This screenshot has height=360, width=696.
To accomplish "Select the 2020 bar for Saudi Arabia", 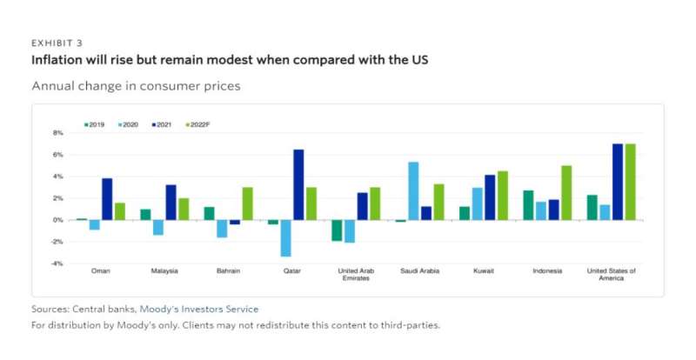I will [x=413, y=191].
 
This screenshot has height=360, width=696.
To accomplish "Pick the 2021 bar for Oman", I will [x=107, y=199].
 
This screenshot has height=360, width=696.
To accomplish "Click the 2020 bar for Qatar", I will [x=284, y=238].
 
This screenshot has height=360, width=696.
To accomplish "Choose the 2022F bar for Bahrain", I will [x=247, y=203].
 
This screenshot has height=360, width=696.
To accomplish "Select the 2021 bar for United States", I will [x=618, y=182].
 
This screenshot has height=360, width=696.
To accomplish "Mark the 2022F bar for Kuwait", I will [x=502, y=196].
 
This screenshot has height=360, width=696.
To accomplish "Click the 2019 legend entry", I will [x=93, y=125].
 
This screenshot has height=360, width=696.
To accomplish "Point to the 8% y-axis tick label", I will [x=57, y=133].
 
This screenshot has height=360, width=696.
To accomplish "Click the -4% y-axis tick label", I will [x=57, y=263].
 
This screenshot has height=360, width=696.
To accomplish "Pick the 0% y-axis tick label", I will [x=57, y=220].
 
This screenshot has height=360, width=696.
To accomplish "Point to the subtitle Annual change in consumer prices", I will [x=136, y=86].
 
